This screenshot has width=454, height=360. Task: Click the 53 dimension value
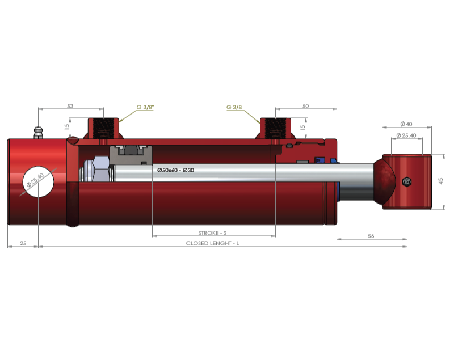pos(70,106)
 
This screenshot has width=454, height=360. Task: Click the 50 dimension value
pos(305,106)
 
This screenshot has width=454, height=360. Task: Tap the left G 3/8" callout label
pos(145,107)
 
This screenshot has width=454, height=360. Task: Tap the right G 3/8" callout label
pos(235,107)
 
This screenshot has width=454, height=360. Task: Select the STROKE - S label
pos(212,233)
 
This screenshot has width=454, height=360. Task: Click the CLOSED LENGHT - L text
pos(212,243)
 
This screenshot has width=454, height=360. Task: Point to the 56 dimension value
pos(371,236)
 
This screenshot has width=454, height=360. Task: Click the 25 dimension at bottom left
pos(23,243)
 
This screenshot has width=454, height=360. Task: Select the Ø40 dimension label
pos(406,124)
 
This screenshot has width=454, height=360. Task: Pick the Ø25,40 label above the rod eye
pos(406,135)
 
